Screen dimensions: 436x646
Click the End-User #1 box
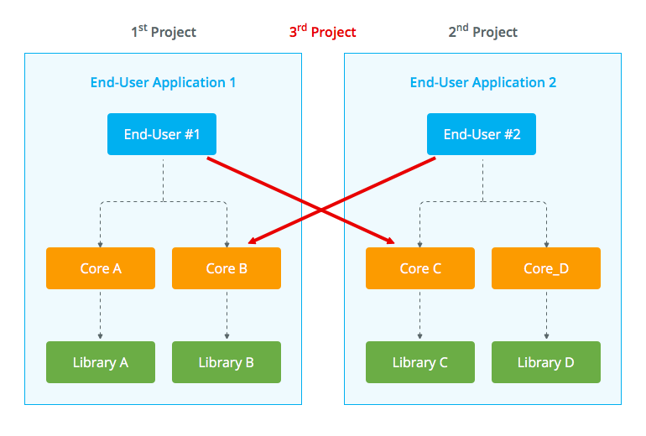coord(162,134)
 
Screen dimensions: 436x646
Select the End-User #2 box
coord(482,134)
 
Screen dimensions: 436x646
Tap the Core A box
coord(101,268)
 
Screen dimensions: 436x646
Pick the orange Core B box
coord(226,268)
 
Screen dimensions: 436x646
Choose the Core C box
coord(420,268)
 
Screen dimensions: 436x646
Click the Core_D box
coord(546,268)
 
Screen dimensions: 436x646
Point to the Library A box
coord(101,362)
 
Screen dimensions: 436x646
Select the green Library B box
coord(226,362)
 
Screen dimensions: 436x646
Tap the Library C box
coord(420,362)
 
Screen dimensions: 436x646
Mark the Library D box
coord(546,362)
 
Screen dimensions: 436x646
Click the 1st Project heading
coord(164,32)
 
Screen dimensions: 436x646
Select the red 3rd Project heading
coord(322,32)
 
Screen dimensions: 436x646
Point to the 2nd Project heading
coord(483,32)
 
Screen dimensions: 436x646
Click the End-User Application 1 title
coord(163,82)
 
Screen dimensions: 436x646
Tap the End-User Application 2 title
coord(483,82)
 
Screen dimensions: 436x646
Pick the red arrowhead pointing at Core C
coord(391,242)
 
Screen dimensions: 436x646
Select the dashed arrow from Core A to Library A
coord(101,314)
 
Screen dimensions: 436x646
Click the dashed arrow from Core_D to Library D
coord(546,314)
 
